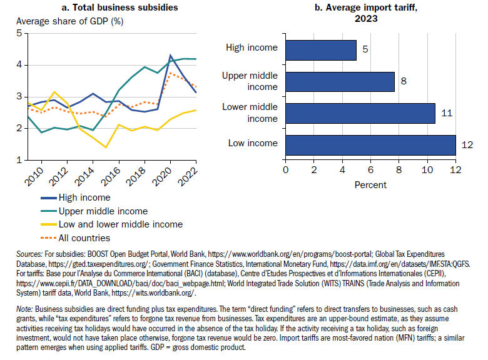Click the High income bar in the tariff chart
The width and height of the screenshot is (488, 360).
tap(321, 50)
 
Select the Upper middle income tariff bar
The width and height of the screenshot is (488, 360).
tap(340, 82)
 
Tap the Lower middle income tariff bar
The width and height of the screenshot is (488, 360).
tap(360, 114)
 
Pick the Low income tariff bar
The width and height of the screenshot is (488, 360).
tap(370, 145)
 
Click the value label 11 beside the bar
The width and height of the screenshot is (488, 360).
tap(447, 113)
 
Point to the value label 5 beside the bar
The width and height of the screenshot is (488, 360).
tap(365, 49)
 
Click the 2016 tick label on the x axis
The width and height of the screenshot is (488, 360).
tap(111, 176)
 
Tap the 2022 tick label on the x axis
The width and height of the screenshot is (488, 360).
tap(188, 176)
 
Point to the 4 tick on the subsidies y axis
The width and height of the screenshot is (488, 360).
tap(19, 64)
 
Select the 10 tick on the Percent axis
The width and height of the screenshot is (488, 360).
tap(427, 170)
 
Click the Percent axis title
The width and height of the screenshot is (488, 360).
tap(370, 185)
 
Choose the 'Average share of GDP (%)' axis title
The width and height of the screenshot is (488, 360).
tap(69, 21)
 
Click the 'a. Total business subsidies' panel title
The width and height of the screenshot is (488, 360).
tap(120, 7)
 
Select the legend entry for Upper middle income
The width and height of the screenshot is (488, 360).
tap(94, 211)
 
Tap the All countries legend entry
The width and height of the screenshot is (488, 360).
tap(75, 238)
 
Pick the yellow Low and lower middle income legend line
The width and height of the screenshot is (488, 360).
tap(49, 224)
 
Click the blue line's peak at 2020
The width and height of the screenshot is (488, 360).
tap(170, 56)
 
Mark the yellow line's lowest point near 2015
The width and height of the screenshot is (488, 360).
tap(106, 147)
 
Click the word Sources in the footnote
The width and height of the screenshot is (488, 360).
tap(29, 254)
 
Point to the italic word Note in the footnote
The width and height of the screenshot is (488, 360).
tap(24, 309)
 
